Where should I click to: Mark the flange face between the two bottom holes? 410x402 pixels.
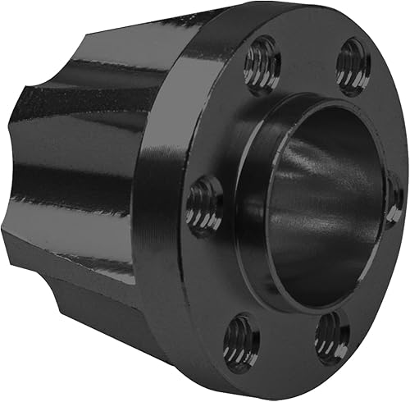click(287, 349)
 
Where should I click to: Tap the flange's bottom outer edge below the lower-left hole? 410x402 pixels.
click(230, 373)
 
